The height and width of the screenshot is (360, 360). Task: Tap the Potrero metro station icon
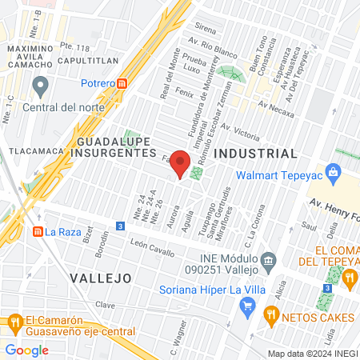tap(122, 83)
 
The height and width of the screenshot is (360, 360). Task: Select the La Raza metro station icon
tap(37, 232)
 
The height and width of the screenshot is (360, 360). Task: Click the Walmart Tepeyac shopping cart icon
tap(335, 170)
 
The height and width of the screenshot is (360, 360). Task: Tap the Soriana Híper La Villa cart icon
tap(248, 305)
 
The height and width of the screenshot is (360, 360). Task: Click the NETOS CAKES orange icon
tap(272, 315)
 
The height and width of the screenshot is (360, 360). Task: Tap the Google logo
tap(26, 350)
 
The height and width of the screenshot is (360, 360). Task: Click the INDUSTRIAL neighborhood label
tap(256, 153)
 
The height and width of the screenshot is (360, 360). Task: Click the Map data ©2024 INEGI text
tap(312, 353)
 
